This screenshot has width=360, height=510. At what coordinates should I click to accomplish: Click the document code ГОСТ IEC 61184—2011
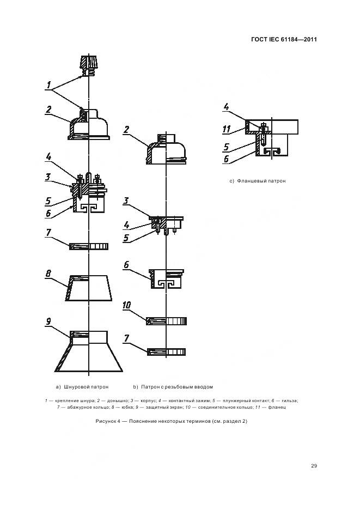click(x=284, y=39)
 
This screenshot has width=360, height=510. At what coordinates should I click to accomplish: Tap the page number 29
click(x=314, y=465)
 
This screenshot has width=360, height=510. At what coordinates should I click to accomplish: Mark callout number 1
click(x=48, y=85)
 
